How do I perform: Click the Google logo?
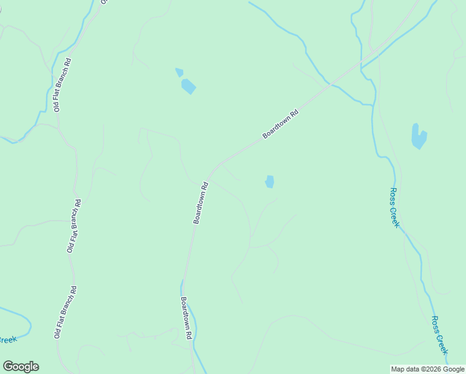(x=21, y=367)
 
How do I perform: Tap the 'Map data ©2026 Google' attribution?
(x=427, y=369)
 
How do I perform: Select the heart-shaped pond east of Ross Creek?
(x=419, y=136)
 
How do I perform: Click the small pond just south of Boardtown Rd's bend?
(x=269, y=181)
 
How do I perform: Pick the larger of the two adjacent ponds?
(x=188, y=86)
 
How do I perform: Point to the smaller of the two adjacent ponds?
(x=179, y=72)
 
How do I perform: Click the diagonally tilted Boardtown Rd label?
(x=281, y=124)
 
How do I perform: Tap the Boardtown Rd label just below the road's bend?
(x=200, y=203)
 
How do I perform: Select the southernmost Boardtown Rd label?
(x=186, y=317)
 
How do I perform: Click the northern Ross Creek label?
(x=394, y=208)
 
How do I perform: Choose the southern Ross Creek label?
(x=440, y=335)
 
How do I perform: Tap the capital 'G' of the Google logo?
(x=8, y=367)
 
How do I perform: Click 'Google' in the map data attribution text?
(x=454, y=369)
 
